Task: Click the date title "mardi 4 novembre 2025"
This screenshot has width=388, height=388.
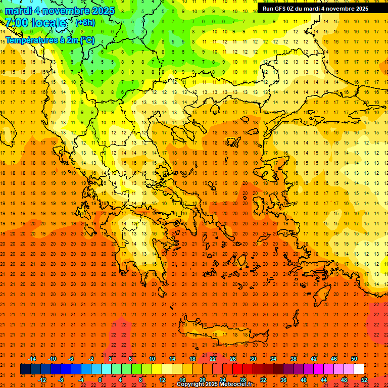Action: (x=60, y=11)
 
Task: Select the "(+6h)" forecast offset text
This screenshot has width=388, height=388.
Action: (x=84, y=23)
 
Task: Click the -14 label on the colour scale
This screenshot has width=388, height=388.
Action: (x=32, y=358)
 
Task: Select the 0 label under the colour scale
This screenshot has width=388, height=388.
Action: (x=100, y=380)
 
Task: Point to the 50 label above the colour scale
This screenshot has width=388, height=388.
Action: (x=354, y=358)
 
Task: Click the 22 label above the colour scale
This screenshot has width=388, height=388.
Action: (x=213, y=358)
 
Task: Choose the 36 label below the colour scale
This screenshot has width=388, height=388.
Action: (x=283, y=380)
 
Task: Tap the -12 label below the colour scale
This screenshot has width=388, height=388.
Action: (x=42, y=380)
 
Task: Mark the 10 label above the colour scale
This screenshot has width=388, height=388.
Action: (x=152, y=358)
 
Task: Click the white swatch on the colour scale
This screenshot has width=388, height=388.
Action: (x=359, y=369)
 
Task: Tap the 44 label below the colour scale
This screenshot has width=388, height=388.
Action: (x=324, y=380)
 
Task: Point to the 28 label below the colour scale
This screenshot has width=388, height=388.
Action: (x=243, y=380)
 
